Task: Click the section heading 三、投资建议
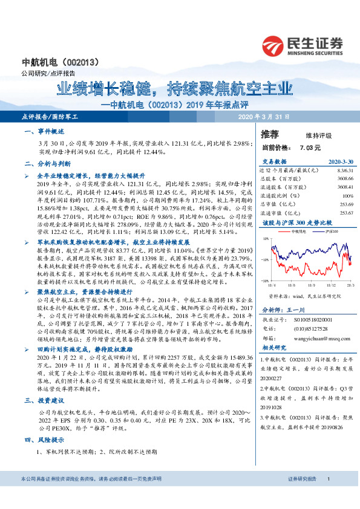(45, 400)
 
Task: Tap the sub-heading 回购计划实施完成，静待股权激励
(83, 349)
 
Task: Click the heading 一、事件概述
(45, 131)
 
